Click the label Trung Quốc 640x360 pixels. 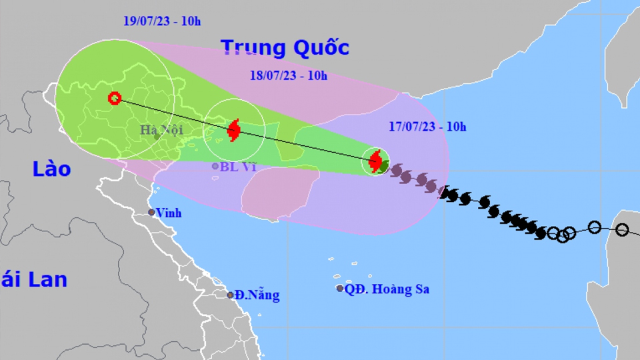285,48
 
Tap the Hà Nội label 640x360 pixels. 161,130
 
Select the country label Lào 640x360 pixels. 51,169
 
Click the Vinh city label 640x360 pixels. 169,213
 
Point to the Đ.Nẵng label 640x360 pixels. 257,295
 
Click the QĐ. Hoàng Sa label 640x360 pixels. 387,289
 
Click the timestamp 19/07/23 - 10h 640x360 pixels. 162,21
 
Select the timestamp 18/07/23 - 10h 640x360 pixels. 289,75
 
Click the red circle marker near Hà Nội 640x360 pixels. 114,99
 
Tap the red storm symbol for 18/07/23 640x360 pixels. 233,129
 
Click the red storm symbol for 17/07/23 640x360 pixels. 375,161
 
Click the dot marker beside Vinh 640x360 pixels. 152,213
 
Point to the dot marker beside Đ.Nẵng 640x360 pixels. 230,295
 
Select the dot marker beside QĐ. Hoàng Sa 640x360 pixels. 340,289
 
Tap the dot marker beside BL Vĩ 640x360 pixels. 215,166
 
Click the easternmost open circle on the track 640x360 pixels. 622,229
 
